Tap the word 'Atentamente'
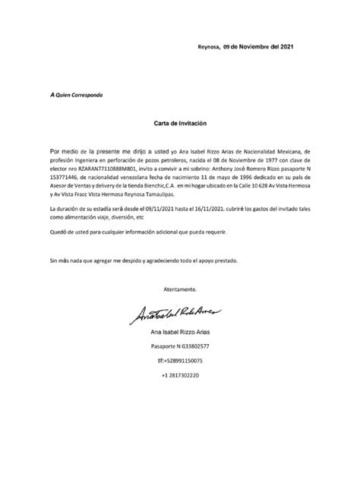181,289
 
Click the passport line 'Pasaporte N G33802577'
180,346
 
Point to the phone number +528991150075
180,361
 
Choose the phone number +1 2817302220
180,375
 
